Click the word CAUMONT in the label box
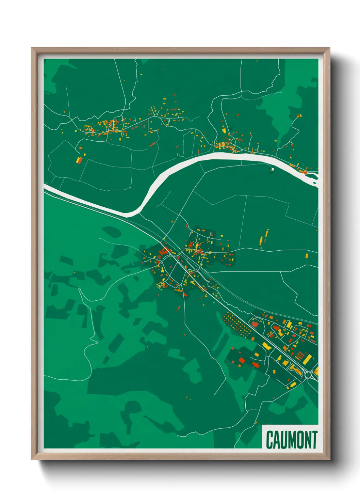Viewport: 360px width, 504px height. (x=292, y=440)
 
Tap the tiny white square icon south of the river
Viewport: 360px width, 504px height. (x=272, y=169)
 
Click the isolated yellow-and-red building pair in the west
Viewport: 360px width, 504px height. (x=80, y=159)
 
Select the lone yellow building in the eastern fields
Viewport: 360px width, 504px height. (x=306, y=255)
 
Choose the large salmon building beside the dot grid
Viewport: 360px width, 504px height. (x=255, y=324)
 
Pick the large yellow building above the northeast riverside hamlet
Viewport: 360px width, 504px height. (x=224, y=130)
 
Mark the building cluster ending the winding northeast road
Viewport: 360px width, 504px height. (x=299, y=116)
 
